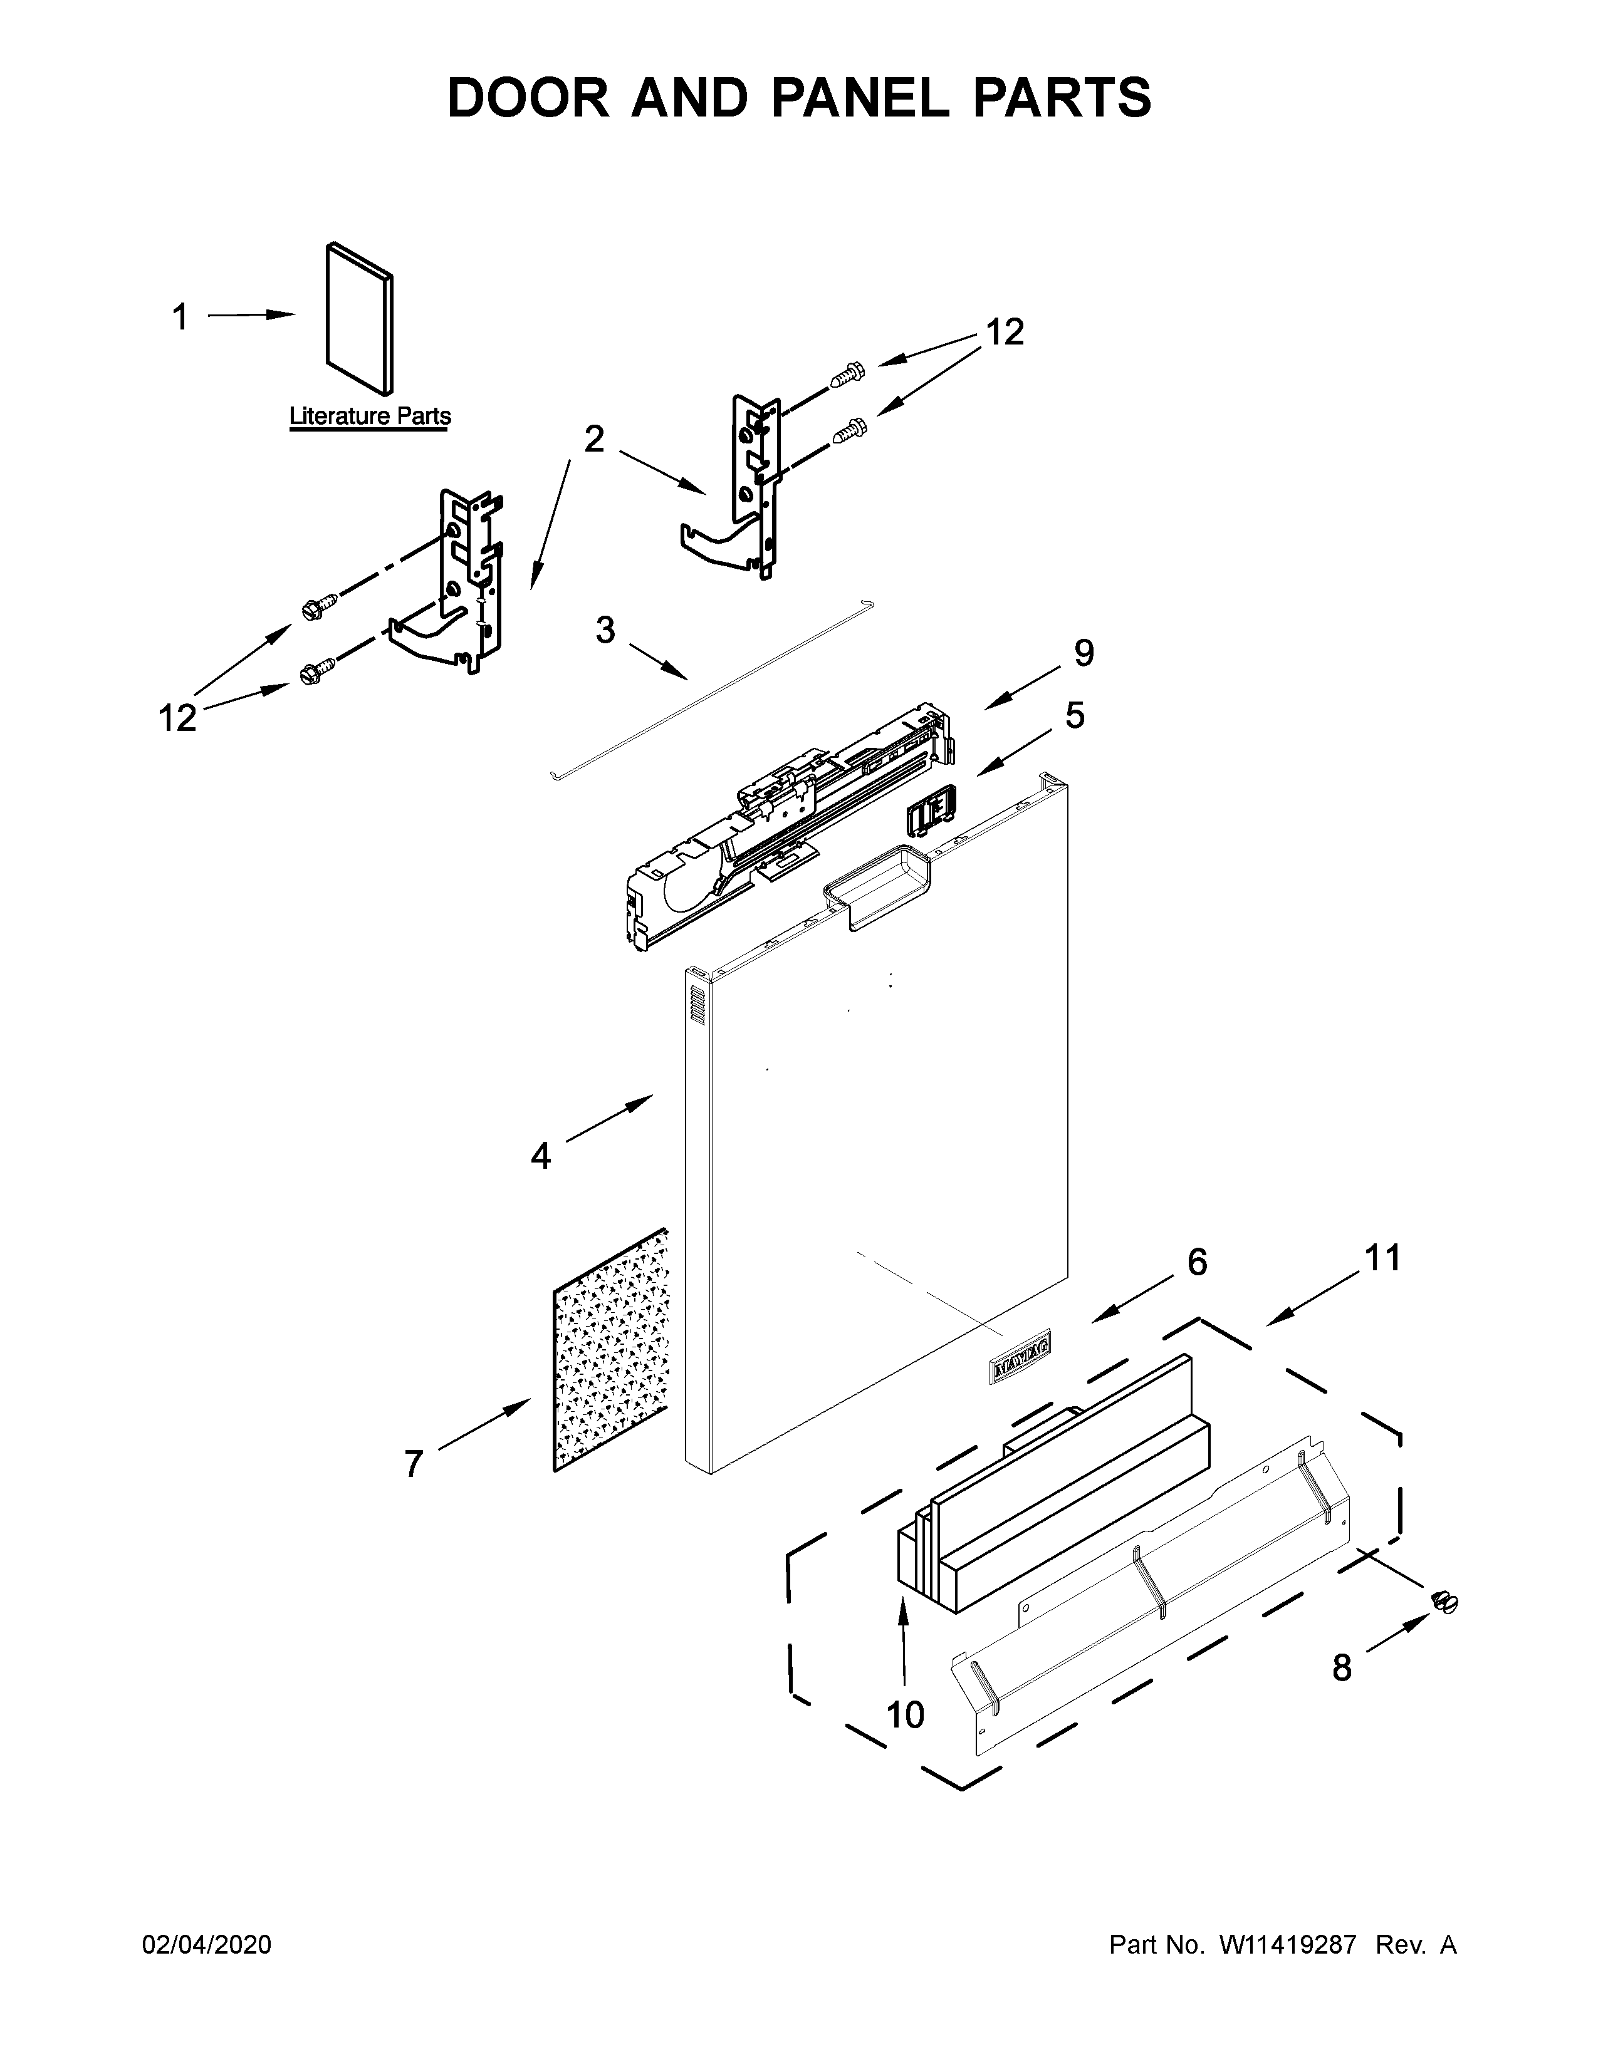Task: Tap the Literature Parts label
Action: [x=369, y=415]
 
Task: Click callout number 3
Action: [x=605, y=629]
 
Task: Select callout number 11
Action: [x=1382, y=1258]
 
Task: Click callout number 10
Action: [x=905, y=1714]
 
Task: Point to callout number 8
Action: [x=1342, y=1667]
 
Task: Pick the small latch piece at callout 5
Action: [x=931, y=811]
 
